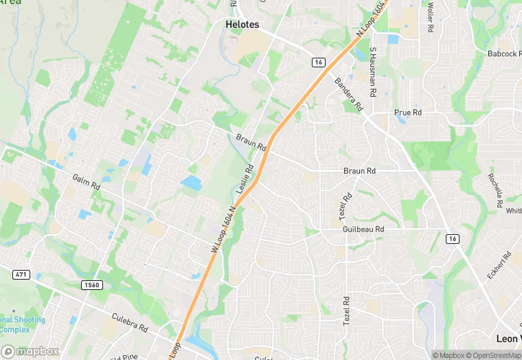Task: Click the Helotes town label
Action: coord(242,24)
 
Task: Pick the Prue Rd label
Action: coord(407,112)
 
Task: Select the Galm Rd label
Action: coord(86,182)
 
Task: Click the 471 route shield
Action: coord(21,275)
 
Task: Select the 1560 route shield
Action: coord(91,284)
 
